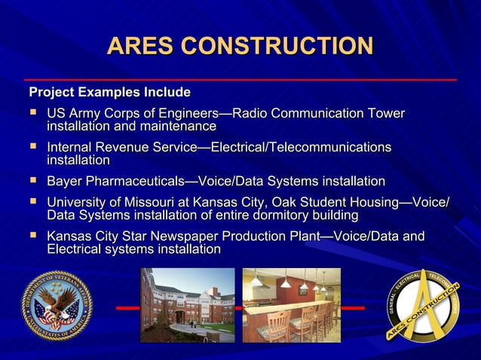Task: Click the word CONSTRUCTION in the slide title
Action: pyautogui.click(x=278, y=46)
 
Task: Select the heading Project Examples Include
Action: pyautogui.click(x=109, y=93)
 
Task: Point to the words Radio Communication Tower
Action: pyautogui.click(x=317, y=114)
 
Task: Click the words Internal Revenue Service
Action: pyautogui.click(x=121, y=148)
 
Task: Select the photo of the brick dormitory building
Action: pyautogui.click(x=187, y=305)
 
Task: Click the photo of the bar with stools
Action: pyautogui.click(x=291, y=305)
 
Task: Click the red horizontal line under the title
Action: pyautogui.click(x=240, y=79)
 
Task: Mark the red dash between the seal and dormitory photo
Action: pyautogui.click(x=127, y=308)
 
